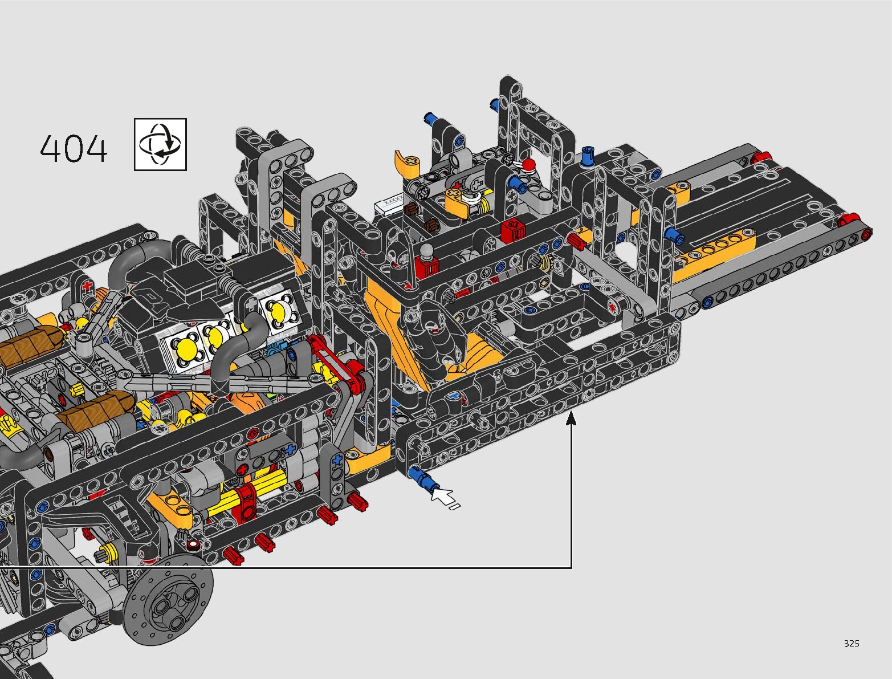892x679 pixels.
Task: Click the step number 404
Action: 74,149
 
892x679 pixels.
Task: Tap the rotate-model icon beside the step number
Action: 160,144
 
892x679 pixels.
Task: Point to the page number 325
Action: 852,643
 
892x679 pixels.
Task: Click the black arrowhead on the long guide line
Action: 571,417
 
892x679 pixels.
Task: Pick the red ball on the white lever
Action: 528,165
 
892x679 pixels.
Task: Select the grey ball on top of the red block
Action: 425,249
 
